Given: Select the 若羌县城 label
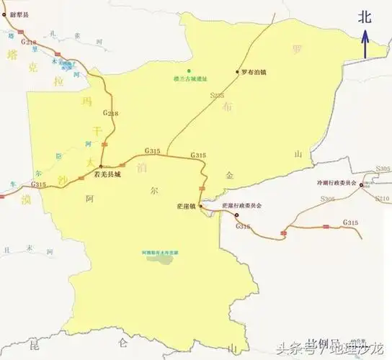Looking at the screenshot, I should (118, 174).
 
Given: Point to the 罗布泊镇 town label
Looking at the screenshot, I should (257, 72).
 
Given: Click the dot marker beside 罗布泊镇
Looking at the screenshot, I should (239, 72).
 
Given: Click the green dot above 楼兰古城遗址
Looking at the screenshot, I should (189, 70).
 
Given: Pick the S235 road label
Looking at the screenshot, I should (217, 94).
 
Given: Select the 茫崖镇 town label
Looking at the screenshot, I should (185, 206).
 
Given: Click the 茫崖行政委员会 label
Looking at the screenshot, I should (242, 206).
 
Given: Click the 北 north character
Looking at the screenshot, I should (365, 20).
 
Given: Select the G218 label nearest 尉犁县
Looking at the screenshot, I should (29, 42).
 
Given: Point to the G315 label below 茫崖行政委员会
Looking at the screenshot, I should (244, 227).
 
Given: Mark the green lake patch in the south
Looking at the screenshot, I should (161, 258).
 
